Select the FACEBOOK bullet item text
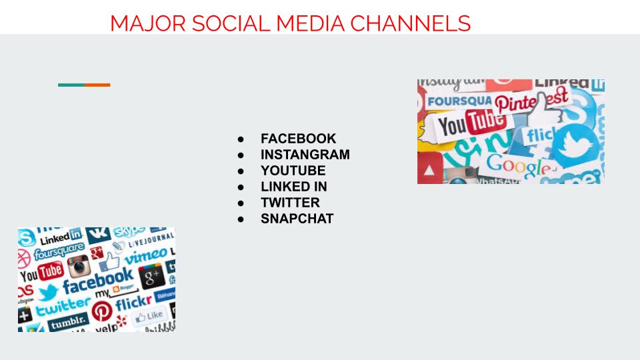tap(298, 139)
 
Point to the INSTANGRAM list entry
tap(305, 155)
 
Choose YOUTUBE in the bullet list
tap(293, 171)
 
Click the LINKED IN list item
tap(293, 187)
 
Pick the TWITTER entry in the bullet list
tap(290, 203)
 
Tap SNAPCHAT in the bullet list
tap(297, 219)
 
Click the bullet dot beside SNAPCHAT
tap(241, 219)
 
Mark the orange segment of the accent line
tap(97, 85)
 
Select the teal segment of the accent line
tap(71, 85)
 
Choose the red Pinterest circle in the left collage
tap(102, 311)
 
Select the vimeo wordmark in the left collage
tap(145, 256)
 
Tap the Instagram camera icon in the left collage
tap(79, 266)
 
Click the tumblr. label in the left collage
tap(67, 324)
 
